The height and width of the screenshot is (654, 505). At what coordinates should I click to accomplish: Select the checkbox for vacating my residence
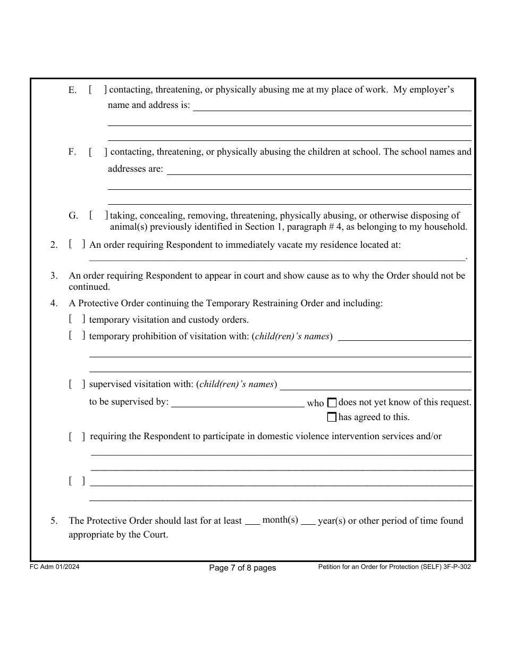pyautogui.click(x=77, y=245)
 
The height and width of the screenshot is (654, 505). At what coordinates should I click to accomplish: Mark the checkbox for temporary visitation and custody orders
pyautogui.click(x=77, y=320)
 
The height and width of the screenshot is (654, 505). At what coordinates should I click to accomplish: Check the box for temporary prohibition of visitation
pyautogui.click(x=77, y=336)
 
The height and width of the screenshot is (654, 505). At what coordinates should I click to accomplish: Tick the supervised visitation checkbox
pyautogui.click(x=77, y=384)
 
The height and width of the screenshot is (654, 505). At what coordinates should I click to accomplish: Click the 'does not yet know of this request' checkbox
pyautogui.click(x=332, y=403)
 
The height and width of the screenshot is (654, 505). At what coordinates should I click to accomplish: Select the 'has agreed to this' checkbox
pyautogui.click(x=332, y=417)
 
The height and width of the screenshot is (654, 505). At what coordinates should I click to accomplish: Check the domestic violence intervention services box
pyautogui.click(x=77, y=437)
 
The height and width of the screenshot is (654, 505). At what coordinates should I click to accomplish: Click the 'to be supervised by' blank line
pyautogui.click(x=237, y=403)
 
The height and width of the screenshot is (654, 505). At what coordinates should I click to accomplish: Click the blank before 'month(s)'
pyautogui.click(x=252, y=521)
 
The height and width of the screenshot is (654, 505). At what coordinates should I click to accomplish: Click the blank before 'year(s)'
pyautogui.click(x=308, y=521)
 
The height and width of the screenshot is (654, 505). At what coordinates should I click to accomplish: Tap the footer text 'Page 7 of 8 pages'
pyautogui.click(x=242, y=568)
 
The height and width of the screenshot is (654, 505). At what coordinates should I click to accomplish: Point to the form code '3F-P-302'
pyautogui.click(x=456, y=567)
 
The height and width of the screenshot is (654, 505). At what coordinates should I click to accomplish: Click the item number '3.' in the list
pyautogui.click(x=54, y=276)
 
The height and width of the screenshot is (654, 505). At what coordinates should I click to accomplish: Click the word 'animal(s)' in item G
pyautogui.click(x=128, y=227)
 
